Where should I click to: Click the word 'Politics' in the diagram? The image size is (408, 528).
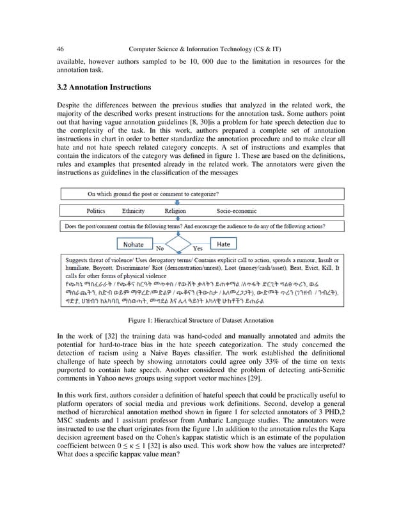100,210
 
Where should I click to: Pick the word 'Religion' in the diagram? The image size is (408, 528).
175,210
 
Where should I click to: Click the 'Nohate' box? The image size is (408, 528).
133,244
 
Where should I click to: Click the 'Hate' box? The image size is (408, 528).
223,244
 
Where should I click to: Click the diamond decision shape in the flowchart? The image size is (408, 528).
178,244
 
